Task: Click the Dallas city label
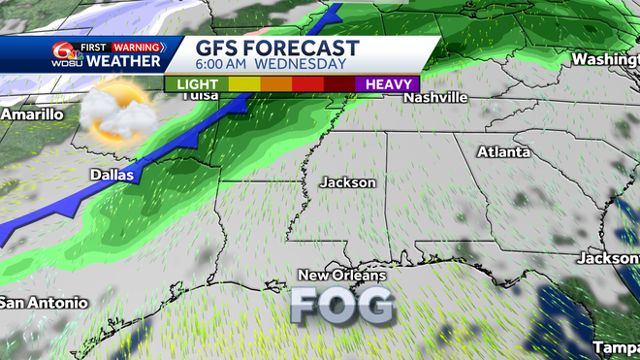click(110, 175)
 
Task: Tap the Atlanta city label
click(503, 152)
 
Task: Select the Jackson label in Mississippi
click(349, 181)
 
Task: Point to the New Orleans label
click(341, 276)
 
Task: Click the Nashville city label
click(436, 98)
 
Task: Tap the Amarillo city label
click(32, 115)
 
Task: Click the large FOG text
click(343, 306)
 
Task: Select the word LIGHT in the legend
click(197, 84)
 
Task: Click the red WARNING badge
click(136, 45)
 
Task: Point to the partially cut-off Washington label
click(605, 59)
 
